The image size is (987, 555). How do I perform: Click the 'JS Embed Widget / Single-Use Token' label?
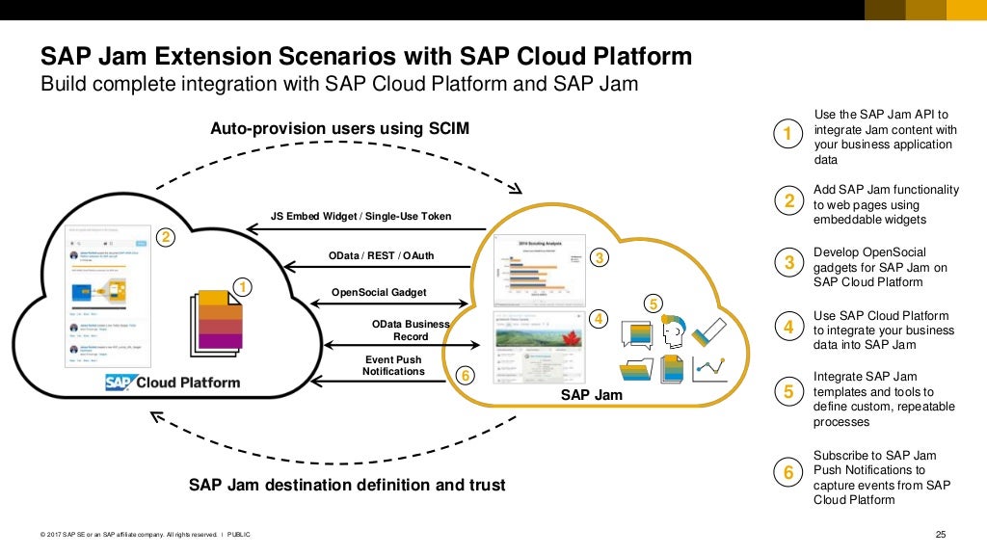coord(360,216)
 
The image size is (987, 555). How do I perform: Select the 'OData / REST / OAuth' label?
coord(382,255)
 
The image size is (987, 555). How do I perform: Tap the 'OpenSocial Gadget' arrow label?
coord(379,292)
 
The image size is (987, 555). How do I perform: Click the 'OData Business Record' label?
coord(411,330)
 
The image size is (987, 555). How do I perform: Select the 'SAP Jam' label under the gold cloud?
coord(592,395)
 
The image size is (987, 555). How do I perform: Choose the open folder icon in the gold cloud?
coord(636,370)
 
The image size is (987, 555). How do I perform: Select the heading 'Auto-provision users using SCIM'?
coord(340,128)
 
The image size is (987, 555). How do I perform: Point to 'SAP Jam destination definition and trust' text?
coord(346,485)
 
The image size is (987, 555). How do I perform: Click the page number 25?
coord(942,535)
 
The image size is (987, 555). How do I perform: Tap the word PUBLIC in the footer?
coord(239,536)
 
